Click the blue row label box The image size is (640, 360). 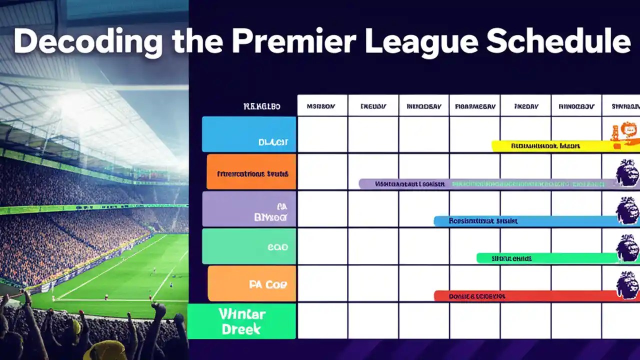(x=249, y=134)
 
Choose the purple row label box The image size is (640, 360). (x=249, y=209)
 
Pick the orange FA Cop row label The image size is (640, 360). (x=252, y=283)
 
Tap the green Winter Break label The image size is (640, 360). (x=242, y=321)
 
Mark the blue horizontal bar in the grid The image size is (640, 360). (x=525, y=221)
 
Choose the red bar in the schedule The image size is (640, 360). (x=525, y=296)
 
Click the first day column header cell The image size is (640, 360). (x=322, y=106)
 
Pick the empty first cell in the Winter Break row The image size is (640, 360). (x=322, y=321)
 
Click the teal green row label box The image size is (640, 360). (x=249, y=246)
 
